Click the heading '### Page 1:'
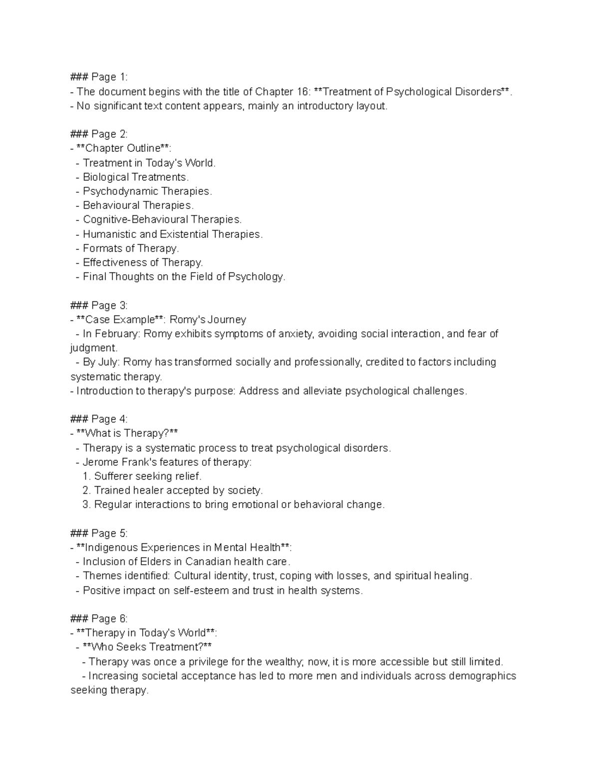99,77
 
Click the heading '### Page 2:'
99,134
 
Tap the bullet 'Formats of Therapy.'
131,248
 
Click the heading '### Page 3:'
99,305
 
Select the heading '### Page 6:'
99,619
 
